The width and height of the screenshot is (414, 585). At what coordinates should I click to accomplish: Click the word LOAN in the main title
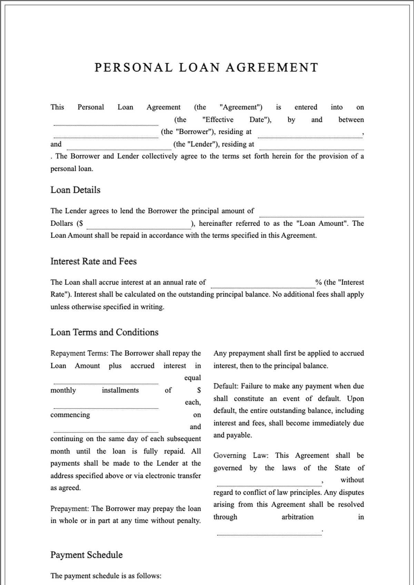[x=199, y=67]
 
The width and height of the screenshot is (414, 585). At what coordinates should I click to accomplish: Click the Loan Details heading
[x=75, y=190]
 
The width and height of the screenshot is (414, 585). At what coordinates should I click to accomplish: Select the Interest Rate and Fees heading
[x=93, y=261]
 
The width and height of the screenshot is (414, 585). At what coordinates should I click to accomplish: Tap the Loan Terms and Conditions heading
[x=104, y=332]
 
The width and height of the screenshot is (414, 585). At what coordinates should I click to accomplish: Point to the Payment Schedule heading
[x=86, y=555]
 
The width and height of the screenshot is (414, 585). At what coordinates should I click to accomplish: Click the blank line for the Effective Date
[x=106, y=122]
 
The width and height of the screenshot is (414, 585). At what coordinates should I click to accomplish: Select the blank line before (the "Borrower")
[x=106, y=135]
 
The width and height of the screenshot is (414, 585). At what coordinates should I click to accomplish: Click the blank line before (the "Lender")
[x=119, y=147]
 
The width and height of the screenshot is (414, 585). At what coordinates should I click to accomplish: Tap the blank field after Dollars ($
[x=139, y=226]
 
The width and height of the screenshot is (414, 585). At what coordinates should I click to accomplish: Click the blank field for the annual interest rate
[x=263, y=285]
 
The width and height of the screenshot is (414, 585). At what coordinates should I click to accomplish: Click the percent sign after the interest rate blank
[x=318, y=282]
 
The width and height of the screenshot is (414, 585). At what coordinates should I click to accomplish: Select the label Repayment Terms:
[x=79, y=353]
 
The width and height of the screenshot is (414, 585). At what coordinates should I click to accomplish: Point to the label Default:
[x=226, y=386]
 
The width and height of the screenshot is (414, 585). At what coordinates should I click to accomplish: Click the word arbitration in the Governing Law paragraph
[x=297, y=517]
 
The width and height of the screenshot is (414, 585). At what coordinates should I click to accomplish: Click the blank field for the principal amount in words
[x=311, y=214]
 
